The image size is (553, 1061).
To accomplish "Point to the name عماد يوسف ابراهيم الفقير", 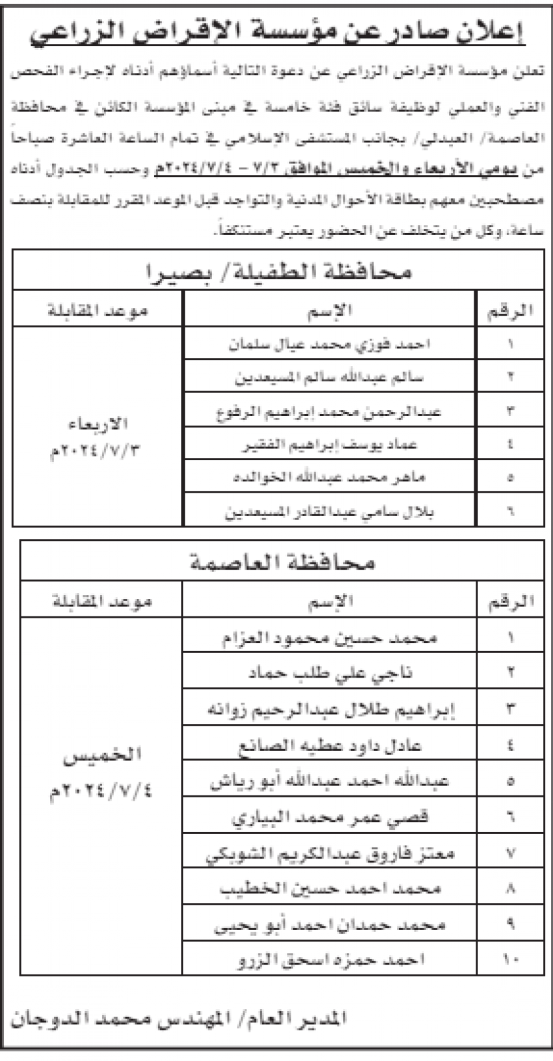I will pos(329,444).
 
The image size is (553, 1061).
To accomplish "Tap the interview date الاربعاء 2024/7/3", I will pos(97,436).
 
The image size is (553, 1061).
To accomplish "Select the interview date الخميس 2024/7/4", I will pos(101,775).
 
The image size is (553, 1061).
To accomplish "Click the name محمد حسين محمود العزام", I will pos(329,637).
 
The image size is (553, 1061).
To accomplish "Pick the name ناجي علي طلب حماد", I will pos(329,673).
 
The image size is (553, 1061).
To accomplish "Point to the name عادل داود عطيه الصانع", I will pos(329,745).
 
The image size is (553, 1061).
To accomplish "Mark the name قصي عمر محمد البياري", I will pos(329,817).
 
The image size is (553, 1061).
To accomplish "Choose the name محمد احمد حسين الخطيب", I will pos(329,889).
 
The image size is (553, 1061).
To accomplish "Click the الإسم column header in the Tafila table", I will pos(329,310).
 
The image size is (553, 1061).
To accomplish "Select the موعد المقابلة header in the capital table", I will pos(101,601).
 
